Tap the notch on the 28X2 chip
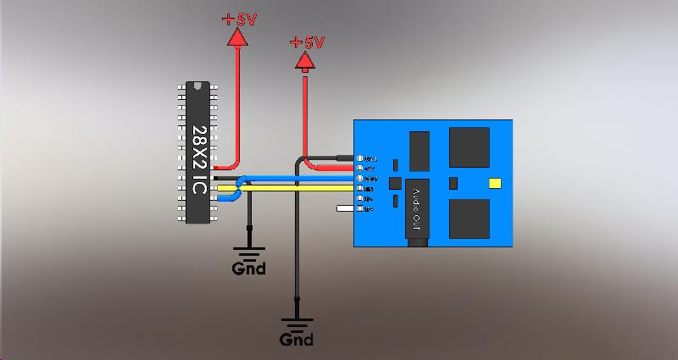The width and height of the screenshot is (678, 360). tap(198, 86)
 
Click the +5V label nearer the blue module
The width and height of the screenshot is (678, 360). tap(307, 42)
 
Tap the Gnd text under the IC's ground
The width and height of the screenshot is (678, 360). tap(249, 269)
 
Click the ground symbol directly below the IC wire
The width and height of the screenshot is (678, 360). tap(249, 252)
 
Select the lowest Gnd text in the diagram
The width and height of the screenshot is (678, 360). tap(297, 340)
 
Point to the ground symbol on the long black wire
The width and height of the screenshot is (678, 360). tap(297, 323)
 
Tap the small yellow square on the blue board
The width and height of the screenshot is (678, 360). tap(496, 183)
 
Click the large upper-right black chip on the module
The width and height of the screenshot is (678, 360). tap(469, 147)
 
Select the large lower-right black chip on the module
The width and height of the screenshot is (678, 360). tap(469, 219)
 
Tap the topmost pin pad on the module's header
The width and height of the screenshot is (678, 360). tap(360, 158)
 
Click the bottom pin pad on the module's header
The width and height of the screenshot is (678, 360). tap(360, 208)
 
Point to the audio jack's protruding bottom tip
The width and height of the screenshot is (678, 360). tap(416, 243)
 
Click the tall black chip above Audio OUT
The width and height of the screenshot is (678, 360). tap(419, 151)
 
